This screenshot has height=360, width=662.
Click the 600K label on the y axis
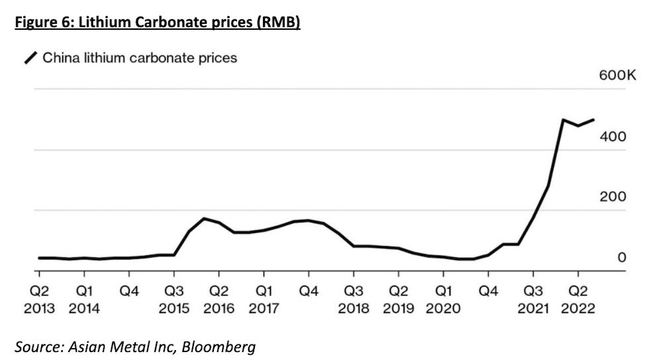point(617,76)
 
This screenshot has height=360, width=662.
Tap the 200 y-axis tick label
point(613,197)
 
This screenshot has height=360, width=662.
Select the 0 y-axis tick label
point(622,257)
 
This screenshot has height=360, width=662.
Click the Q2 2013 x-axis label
point(39,300)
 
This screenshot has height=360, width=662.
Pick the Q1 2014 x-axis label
point(84,300)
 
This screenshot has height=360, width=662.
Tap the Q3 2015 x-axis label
point(174,300)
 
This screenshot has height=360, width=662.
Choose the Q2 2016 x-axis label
point(219,300)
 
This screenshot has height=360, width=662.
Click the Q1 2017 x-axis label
point(263,300)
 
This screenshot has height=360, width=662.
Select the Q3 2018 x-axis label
point(354,300)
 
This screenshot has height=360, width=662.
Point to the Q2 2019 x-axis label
point(399,300)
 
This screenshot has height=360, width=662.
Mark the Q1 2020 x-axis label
point(444,300)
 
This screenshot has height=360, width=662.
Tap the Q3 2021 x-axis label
point(533,300)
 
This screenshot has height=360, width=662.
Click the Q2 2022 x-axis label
point(578,300)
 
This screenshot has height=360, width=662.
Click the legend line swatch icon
point(30,58)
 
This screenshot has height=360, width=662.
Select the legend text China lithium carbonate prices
point(140,58)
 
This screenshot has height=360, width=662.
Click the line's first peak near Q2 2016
point(205,218)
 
